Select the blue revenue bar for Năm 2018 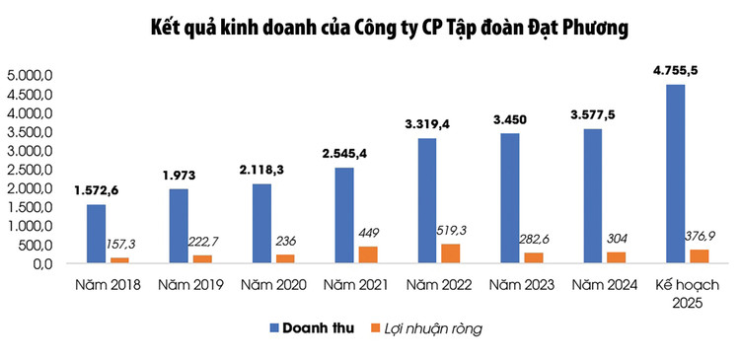point(95,234)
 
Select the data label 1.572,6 point(104,190)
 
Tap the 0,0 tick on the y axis point(39,263)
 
